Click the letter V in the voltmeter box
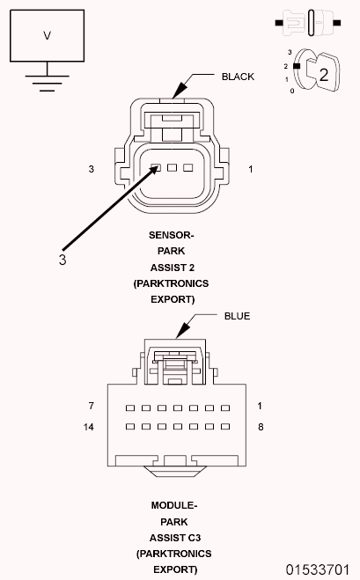[x=47, y=36]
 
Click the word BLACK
[x=238, y=77]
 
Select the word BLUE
[x=237, y=314]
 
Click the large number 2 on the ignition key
[x=324, y=75]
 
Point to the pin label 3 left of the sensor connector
[x=92, y=168]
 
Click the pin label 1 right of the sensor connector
[x=251, y=168]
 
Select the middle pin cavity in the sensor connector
[x=173, y=167]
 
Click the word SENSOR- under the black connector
[x=172, y=236]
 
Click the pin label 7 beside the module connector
[x=91, y=406]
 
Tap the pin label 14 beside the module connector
[x=89, y=427]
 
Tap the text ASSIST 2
[x=172, y=268]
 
